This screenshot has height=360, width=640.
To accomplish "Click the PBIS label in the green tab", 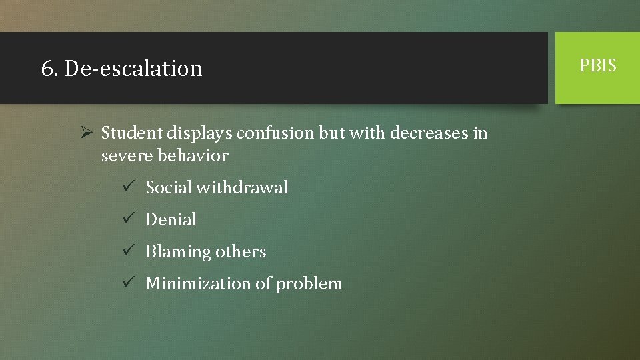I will [598, 65].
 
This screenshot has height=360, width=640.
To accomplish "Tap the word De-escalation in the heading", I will [133, 69].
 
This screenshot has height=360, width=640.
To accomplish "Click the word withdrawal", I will [242, 187].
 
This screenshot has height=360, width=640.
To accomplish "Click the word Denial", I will [171, 219].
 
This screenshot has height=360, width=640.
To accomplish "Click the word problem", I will [309, 284].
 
